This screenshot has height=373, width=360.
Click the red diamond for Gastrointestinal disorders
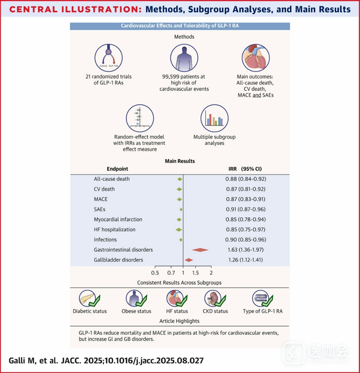tap(200, 250)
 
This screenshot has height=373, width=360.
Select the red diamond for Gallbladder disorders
tap(188, 260)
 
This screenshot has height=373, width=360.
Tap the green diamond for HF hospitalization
tap(179, 230)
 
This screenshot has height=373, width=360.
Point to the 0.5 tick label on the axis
tap(155, 273)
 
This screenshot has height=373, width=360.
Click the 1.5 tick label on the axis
tap(196, 273)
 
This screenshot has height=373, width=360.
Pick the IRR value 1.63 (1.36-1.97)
tap(250, 250)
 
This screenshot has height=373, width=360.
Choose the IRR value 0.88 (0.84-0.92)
tap(250, 179)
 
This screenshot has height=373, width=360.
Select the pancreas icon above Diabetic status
tap(89, 298)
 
